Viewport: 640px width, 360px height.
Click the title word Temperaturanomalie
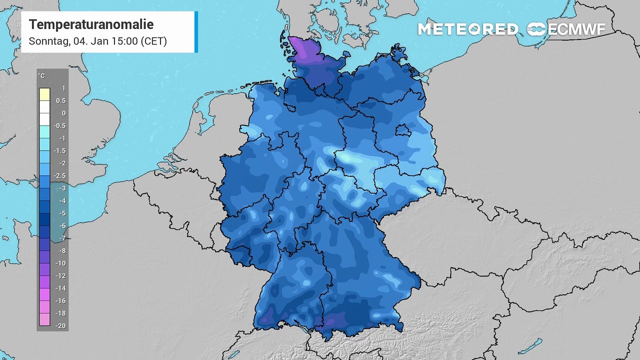click(91, 24)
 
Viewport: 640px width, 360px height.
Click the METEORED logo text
click(467, 29)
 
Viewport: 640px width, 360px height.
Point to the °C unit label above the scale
click(41, 76)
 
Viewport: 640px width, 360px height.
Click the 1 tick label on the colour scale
click(63, 88)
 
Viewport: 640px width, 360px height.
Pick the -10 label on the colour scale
click(60, 263)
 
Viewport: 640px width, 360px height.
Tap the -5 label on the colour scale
click(61, 213)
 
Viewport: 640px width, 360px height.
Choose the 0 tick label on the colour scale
click(63, 113)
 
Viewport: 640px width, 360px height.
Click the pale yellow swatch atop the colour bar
click(44, 94)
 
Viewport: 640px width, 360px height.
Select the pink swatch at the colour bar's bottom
click(44, 319)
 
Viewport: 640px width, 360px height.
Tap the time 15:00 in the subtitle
click(121, 41)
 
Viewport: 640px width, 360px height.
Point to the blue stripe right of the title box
click(196, 31)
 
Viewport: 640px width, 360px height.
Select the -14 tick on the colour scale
click(60, 288)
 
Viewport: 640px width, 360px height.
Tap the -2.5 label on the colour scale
click(60, 176)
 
